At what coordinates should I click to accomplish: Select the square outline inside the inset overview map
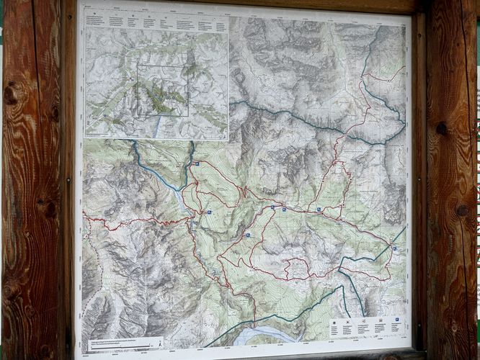[162, 89]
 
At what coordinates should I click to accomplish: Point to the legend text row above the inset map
[156, 22]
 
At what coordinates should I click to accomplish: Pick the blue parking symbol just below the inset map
[195, 164]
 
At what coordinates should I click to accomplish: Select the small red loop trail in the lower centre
[295, 267]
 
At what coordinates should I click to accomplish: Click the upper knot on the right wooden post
[442, 129]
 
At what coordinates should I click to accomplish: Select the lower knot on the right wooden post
[461, 210]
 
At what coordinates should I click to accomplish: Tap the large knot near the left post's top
[12, 93]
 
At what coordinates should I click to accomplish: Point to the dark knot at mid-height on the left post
[46, 209]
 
